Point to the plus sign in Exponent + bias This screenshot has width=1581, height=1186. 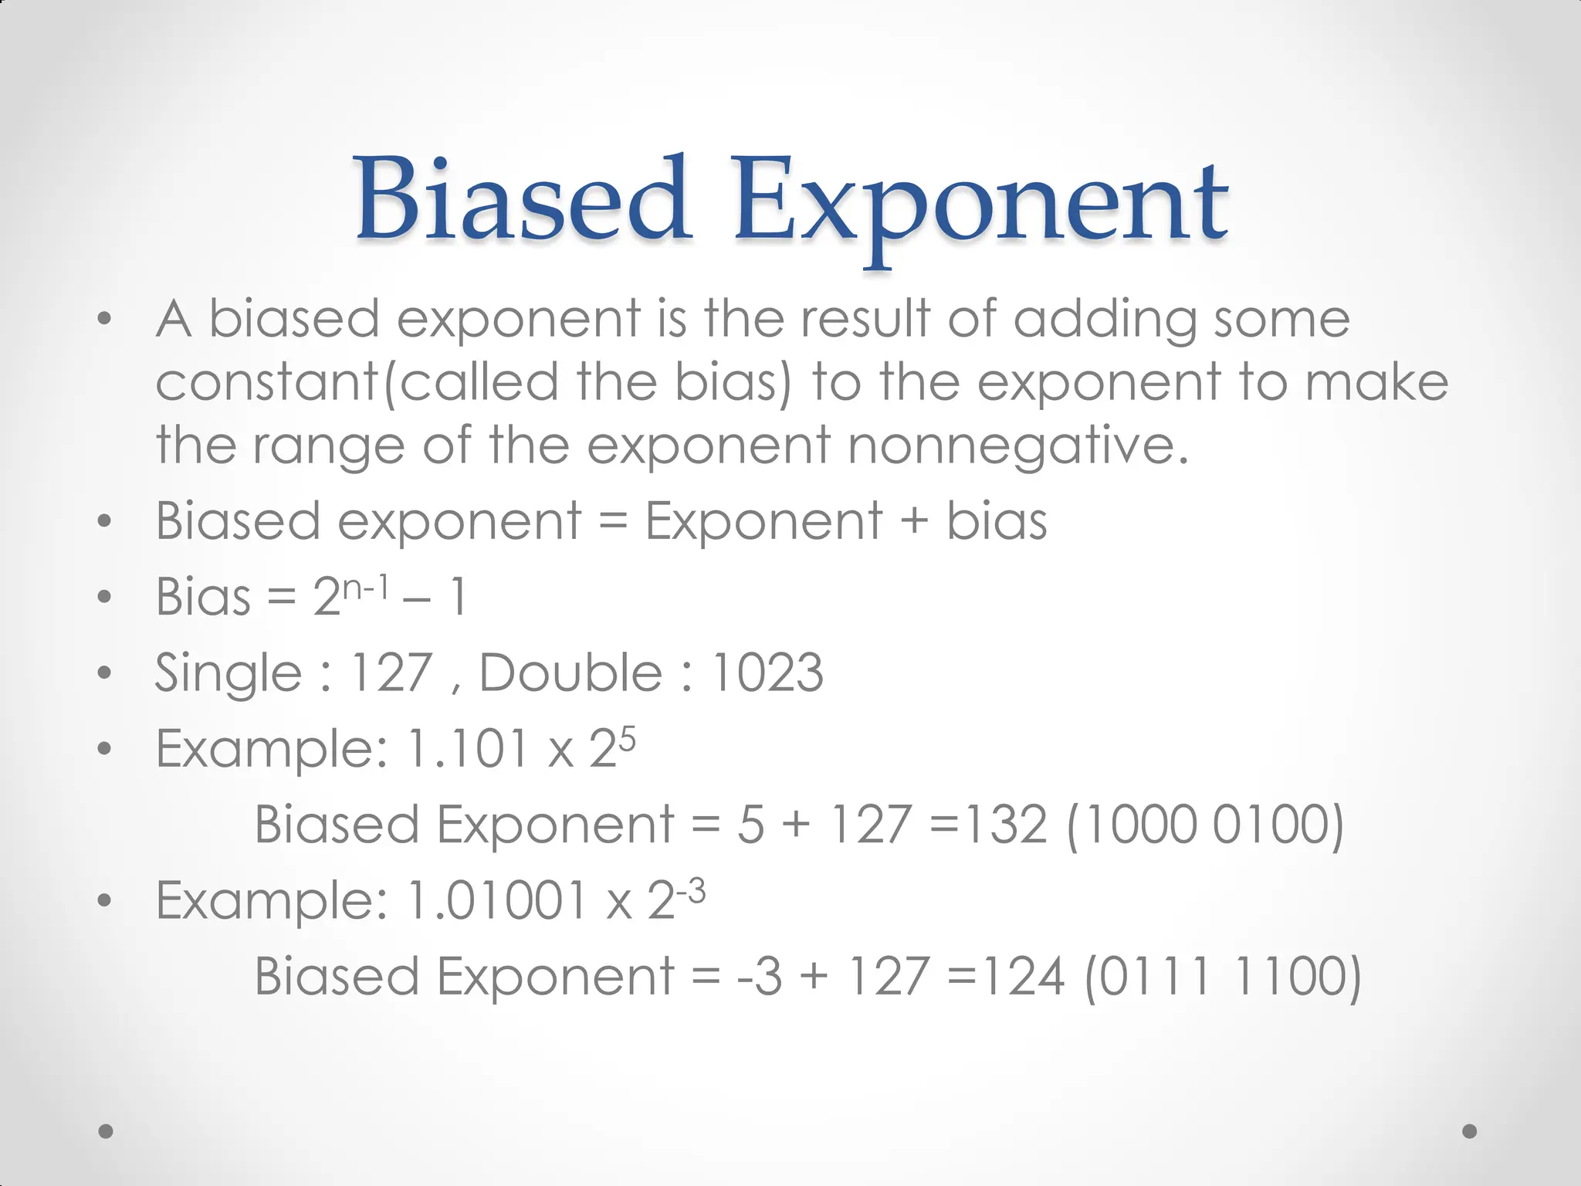pyautogui.click(x=914, y=520)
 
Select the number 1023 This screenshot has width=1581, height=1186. pyautogui.click(x=767, y=673)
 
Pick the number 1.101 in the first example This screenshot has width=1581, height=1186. pyautogui.click(x=465, y=748)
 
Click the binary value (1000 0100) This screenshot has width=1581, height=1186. pyautogui.click(x=1205, y=825)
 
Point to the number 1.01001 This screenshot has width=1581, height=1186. pyautogui.click(x=496, y=900)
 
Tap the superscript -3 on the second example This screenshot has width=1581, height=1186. pyautogui.click(x=690, y=893)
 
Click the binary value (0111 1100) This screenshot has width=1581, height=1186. pyautogui.click(x=1222, y=977)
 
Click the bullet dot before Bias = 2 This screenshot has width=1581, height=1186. pyautogui.click(x=105, y=597)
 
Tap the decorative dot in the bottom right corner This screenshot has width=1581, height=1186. pyautogui.click(x=1470, y=1131)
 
